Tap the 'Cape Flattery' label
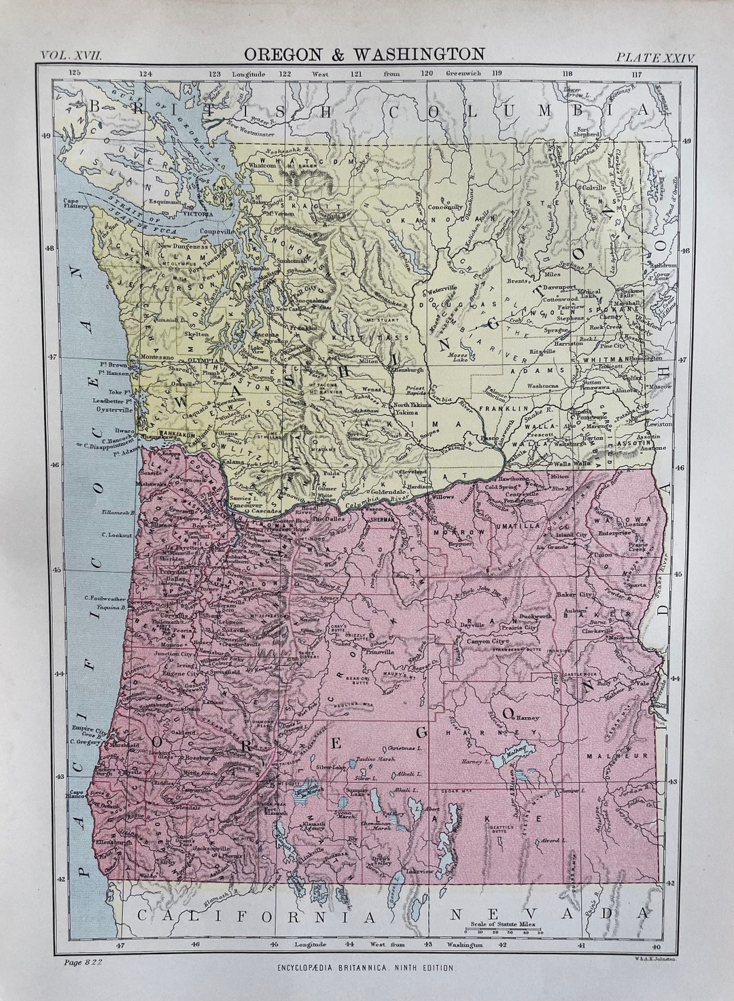tap(73, 204)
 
